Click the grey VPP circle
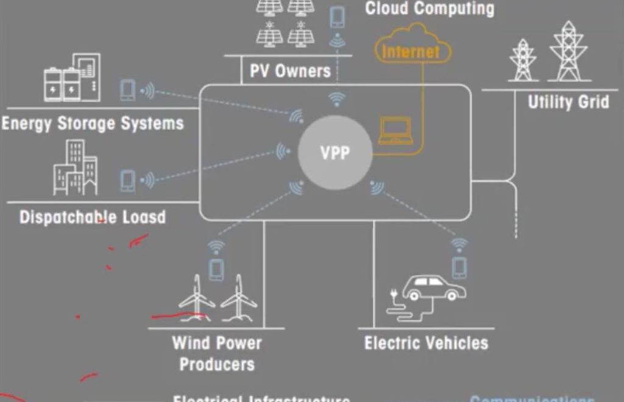[x=335, y=152]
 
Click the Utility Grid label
[x=568, y=102]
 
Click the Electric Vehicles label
[x=426, y=343]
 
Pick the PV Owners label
[x=290, y=71]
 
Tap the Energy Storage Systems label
[x=92, y=124]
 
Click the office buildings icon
[x=75, y=168]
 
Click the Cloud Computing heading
[x=430, y=9]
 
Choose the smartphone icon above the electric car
[x=459, y=267]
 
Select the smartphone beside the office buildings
[x=127, y=180]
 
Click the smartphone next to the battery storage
[x=127, y=90]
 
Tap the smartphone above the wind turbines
[x=216, y=269]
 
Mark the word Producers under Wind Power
[x=217, y=364]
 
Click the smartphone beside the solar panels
[x=336, y=16]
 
